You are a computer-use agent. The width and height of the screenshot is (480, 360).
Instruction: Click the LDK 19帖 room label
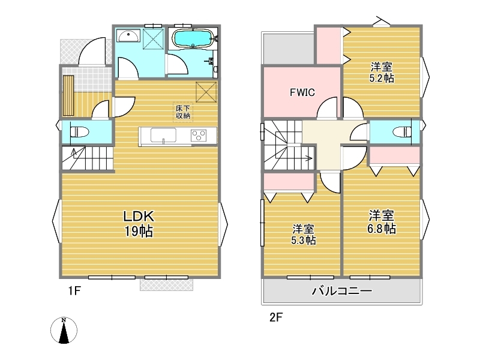click(x=139, y=223)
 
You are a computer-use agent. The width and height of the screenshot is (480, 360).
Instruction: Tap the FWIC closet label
click(x=302, y=92)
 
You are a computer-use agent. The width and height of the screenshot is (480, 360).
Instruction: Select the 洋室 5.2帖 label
click(x=382, y=72)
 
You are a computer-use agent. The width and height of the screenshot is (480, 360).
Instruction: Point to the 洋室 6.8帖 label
click(x=382, y=222)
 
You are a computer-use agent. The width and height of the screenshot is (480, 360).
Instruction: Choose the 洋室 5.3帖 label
click(x=303, y=235)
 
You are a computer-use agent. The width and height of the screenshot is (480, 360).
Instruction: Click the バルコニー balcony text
click(x=342, y=290)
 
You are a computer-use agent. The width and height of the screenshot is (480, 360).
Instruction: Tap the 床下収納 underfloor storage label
click(x=183, y=112)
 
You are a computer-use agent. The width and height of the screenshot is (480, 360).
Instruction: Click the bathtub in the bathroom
click(x=192, y=38)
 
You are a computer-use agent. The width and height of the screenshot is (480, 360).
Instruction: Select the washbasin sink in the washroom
click(x=128, y=36)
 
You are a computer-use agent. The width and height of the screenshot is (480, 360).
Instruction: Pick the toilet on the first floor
click(x=79, y=133)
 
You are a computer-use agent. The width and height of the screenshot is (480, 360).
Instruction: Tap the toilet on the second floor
click(x=403, y=132)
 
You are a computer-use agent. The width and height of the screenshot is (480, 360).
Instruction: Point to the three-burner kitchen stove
click(x=199, y=136)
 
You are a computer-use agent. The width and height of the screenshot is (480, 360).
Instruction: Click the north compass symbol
click(x=64, y=331)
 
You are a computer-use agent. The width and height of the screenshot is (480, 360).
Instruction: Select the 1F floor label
click(x=74, y=290)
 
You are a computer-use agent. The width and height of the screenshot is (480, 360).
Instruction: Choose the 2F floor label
click(x=276, y=317)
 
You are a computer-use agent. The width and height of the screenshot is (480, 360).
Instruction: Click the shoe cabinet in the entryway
click(x=68, y=95)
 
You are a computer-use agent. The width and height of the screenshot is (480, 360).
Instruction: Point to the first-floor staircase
click(x=88, y=158)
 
